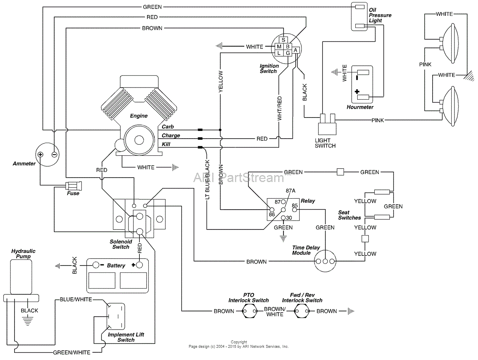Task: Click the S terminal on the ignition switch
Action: [284, 40]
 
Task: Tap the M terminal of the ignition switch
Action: [279, 47]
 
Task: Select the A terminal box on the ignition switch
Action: [296, 50]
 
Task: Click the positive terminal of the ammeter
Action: [41, 154]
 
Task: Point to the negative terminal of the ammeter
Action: [54, 154]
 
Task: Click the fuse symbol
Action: [73, 186]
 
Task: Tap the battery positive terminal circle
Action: [139, 265]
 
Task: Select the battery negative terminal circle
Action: [96, 265]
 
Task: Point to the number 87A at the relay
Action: [291, 191]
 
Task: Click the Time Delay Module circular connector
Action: [326, 261]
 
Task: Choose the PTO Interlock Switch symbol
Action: [249, 311]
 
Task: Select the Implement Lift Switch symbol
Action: [115, 317]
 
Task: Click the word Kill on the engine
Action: [166, 144]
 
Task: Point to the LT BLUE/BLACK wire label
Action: [207, 180]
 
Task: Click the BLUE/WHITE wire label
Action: [76, 300]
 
